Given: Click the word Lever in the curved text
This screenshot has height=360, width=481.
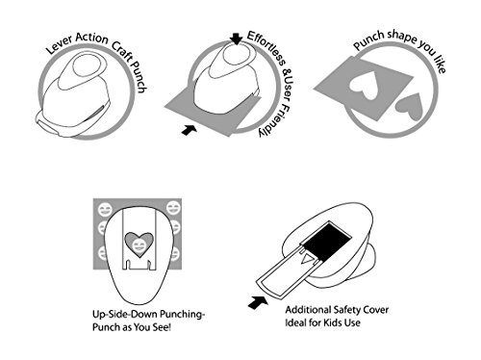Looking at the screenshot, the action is [x=60, y=45].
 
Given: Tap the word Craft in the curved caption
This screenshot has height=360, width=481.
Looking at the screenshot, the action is [x=122, y=52].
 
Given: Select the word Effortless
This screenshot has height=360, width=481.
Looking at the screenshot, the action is [x=266, y=48].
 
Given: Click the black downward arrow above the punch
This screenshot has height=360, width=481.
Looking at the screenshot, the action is [x=237, y=39].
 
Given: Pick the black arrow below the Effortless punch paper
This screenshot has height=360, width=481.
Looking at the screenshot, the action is [x=190, y=130].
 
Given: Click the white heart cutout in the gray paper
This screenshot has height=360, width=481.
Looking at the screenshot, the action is [x=364, y=85].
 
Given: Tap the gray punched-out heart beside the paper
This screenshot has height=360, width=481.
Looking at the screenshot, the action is [x=410, y=107].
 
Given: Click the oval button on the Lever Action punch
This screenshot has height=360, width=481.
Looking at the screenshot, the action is [x=89, y=65].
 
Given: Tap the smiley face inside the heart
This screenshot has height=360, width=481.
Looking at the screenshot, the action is [x=139, y=245].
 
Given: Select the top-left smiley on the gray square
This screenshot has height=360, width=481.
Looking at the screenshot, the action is [x=105, y=210].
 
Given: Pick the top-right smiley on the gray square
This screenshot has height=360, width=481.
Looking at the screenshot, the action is [x=173, y=208].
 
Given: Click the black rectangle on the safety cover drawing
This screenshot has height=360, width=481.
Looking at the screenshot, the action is [x=327, y=242].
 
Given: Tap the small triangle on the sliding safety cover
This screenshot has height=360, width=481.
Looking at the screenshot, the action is [x=307, y=259].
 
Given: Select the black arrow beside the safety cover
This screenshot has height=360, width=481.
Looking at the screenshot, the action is [x=258, y=302].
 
